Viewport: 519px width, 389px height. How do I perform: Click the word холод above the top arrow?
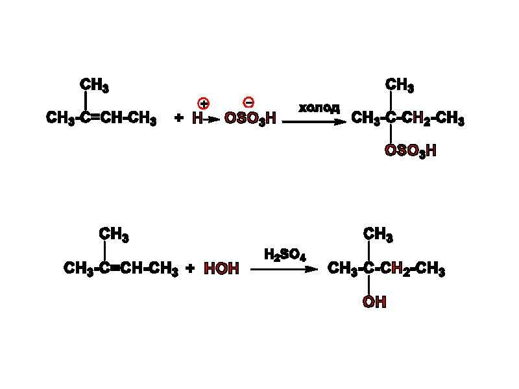(x=319, y=108)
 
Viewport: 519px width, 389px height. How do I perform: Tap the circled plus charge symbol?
(x=203, y=104)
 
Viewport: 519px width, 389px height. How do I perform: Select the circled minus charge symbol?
(x=248, y=102)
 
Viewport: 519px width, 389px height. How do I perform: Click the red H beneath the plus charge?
(x=198, y=118)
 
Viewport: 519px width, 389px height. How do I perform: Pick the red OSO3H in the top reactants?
(x=250, y=119)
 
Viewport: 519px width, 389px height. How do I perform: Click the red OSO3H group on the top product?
(x=411, y=151)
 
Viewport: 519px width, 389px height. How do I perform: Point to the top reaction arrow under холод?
(x=314, y=122)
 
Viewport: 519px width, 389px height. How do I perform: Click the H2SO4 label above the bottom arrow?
(x=285, y=255)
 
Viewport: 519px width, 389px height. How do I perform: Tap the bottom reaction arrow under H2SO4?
(x=284, y=269)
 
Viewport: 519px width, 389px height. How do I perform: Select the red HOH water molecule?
(x=221, y=268)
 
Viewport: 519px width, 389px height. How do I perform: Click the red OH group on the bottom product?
(x=374, y=301)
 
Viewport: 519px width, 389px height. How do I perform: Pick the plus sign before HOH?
(x=190, y=268)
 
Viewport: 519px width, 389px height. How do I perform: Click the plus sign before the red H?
(x=179, y=118)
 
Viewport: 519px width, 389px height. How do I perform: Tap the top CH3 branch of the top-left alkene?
(x=94, y=86)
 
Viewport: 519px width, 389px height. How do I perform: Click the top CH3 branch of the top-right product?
(x=400, y=86)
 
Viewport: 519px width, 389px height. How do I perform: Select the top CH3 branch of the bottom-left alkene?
(x=114, y=235)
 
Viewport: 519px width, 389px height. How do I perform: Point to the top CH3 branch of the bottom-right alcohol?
(x=378, y=235)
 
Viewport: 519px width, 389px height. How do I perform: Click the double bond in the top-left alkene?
(x=95, y=117)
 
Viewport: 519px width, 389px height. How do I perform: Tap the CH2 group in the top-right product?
(x=416, y=119)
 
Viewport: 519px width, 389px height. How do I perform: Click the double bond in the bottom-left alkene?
(x=115, y=268)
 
